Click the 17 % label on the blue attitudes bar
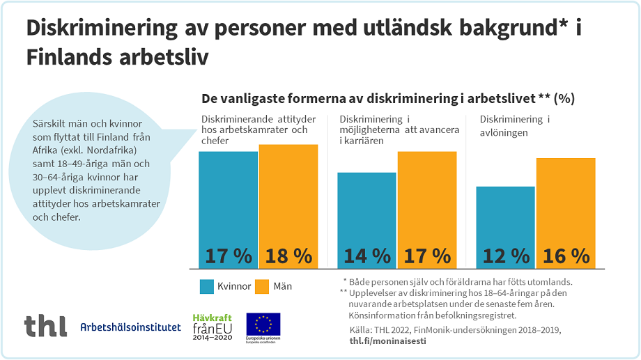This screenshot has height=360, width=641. click(x=229, y=256)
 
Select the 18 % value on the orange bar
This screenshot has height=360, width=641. click(x=288, y=256)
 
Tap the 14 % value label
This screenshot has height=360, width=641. click(x=366, y=256)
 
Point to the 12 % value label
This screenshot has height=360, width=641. click(x=505, y=256)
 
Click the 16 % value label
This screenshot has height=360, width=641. click(x=565, y=256)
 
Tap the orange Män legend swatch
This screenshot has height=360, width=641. click(x=261, y=286)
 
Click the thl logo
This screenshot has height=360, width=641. click(x=45, y=326)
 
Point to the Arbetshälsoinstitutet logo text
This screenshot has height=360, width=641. click(x=130, y=327)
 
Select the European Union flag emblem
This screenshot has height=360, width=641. click(x=263, y=324)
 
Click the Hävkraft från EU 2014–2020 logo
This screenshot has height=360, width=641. click(x=212, y=325)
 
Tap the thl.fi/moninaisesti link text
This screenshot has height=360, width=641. click(x=387, y=341)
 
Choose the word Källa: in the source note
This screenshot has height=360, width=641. click(x=360, y=329)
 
